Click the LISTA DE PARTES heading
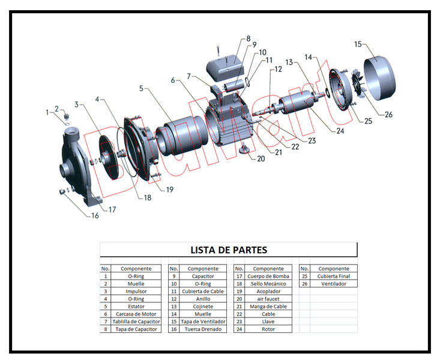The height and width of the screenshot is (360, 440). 228,250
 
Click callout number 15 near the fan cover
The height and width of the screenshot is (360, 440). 358,44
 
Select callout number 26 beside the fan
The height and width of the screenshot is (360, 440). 388,114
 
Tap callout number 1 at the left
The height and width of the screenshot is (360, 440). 47,112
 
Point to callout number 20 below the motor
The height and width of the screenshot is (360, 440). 261,159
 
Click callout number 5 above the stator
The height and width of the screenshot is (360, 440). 141,88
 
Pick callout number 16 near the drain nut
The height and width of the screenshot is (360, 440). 95,216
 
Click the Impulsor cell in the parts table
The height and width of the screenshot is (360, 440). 136,291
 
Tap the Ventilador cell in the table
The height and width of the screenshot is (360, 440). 333,284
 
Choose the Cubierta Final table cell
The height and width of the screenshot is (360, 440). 333,276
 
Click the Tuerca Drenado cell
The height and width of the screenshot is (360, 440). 203,329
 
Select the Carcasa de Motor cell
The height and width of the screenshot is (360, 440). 136,314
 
